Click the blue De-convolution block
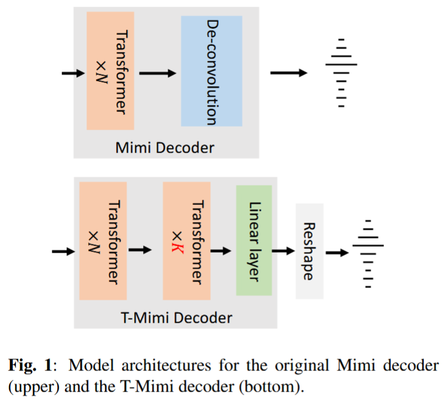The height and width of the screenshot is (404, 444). point(211,71)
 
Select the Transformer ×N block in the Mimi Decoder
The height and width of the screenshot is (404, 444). point(110,71)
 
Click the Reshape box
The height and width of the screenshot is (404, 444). point(309,251)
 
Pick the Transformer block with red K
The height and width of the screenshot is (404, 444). point(186,240)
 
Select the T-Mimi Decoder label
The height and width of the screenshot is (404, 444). point(176,318)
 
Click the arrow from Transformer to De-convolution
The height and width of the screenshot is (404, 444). point(157,72)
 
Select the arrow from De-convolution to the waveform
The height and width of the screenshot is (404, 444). point(289,72)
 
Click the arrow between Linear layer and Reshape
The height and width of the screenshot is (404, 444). point(283,251)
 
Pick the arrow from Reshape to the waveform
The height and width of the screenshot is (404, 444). point(337,253)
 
